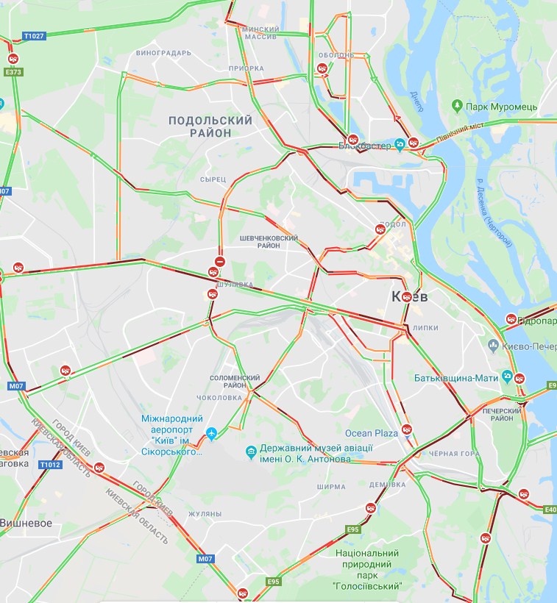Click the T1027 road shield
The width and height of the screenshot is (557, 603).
34,35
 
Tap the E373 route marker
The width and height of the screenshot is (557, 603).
13,72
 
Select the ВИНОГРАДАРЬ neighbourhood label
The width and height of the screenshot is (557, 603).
163,53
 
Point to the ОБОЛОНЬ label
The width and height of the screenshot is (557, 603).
337,56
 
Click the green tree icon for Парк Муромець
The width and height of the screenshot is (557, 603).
457,107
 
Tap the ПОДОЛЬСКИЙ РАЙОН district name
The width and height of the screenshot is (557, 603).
210,126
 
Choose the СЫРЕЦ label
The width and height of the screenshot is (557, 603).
212,179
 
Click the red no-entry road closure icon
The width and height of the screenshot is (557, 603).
219,261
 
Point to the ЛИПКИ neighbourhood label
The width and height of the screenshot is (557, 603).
426,328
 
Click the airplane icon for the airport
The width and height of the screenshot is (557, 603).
213,434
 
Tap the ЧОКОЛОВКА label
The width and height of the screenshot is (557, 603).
220,398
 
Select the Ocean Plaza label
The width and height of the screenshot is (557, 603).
372,434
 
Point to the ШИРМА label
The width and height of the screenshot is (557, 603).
330,487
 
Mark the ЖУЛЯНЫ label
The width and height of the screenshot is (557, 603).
205,513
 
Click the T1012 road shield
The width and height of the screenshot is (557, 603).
50,465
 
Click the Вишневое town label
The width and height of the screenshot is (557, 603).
26,523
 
